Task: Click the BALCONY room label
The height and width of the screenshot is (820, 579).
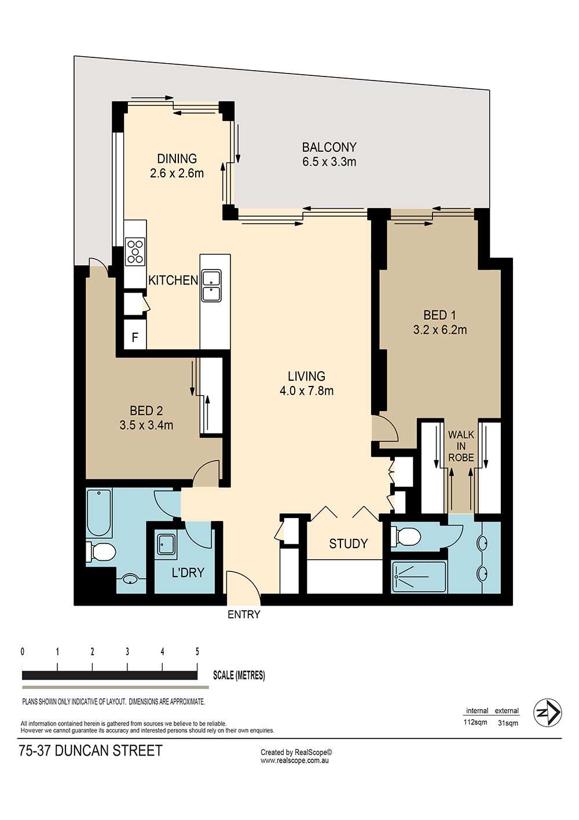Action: coord(329,148)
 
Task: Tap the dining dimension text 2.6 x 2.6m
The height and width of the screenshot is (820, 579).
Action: coord(177,173)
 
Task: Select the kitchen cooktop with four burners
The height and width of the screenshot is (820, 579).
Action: coord(135,251)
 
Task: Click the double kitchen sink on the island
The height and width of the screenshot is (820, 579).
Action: coord(211,286)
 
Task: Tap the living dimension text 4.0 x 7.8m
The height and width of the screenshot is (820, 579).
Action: coord(306,391)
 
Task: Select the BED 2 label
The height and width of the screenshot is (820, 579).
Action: coord(146,411)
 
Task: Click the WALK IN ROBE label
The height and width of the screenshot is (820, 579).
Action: coord(461,446)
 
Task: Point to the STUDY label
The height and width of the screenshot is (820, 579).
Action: coord(348,544)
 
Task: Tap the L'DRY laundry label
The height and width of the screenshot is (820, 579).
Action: coord(188,573)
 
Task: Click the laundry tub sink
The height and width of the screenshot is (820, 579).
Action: coord(166,544)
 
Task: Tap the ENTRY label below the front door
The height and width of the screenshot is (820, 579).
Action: coord(244,615)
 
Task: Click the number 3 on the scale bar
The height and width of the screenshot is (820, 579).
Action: coord(127,651)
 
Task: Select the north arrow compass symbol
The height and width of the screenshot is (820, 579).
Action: coord(547,713)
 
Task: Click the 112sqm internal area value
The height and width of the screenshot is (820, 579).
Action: coord(475,722)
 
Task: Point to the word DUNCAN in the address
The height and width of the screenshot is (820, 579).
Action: coord(82,751)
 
